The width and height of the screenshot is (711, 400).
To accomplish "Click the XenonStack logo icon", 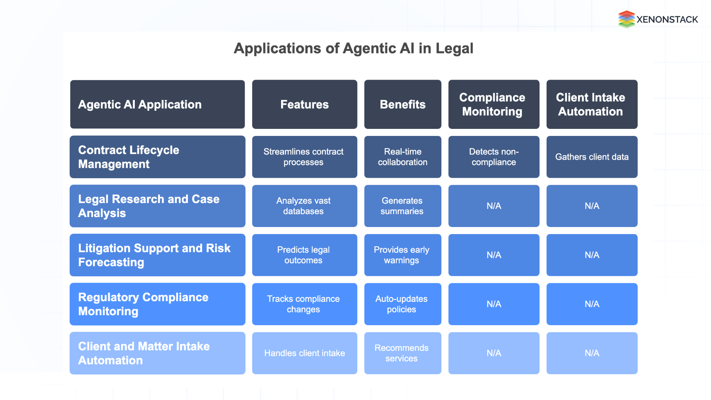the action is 627,19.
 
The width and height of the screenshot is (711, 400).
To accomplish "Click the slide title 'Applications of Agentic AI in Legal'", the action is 353,49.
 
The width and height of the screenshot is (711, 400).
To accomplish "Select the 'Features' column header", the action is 304,104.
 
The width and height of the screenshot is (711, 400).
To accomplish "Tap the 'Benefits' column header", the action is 403,104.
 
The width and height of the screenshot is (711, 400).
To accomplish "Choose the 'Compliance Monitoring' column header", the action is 494,104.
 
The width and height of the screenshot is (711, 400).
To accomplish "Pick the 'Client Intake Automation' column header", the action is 592,104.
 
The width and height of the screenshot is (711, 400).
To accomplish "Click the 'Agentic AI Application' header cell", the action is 157,104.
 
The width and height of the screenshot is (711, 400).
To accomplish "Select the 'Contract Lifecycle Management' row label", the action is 157,157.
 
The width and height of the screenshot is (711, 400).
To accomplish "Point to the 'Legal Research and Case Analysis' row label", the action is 157,206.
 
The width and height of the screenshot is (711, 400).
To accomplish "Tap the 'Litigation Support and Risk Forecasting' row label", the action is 157,255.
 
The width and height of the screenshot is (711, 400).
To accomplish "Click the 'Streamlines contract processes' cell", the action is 304,157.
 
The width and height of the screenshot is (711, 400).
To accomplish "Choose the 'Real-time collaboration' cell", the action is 403,157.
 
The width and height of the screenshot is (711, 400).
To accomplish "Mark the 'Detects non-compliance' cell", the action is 494,157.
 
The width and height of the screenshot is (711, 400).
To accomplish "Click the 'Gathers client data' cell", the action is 592,157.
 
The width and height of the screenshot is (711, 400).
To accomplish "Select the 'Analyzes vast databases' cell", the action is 304,206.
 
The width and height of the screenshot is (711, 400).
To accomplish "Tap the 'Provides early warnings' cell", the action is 403,255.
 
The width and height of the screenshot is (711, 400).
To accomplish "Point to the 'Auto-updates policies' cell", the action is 403,304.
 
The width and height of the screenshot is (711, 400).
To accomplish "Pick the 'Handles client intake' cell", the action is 304,353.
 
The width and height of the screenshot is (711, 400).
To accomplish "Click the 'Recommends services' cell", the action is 403,353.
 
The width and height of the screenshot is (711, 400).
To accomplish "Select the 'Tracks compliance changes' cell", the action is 304,304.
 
